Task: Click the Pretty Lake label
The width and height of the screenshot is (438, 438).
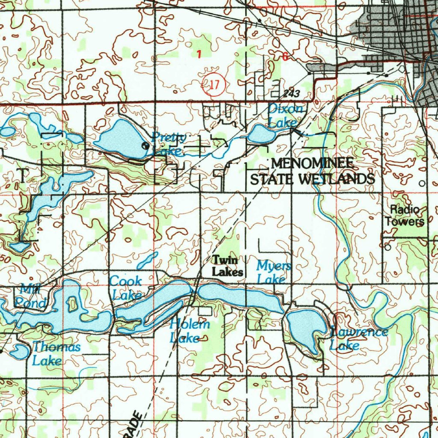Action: [x=169, y=144]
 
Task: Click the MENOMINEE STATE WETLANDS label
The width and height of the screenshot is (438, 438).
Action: [x=312, y=171]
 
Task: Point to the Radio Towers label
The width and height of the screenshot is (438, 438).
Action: [x=405, y=216]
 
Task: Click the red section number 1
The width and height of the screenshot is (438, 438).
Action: [x=198, y=53]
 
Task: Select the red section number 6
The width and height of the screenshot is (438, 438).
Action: [x=285, y=56]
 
